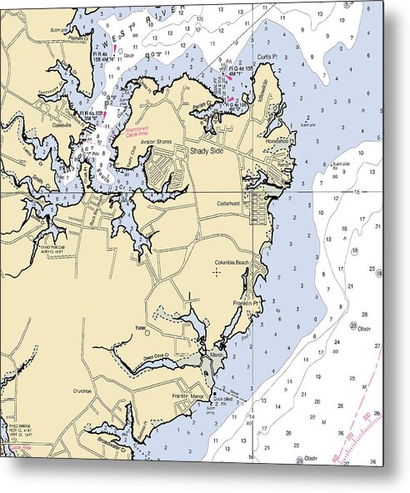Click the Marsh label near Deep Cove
[x=217, y=353]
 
